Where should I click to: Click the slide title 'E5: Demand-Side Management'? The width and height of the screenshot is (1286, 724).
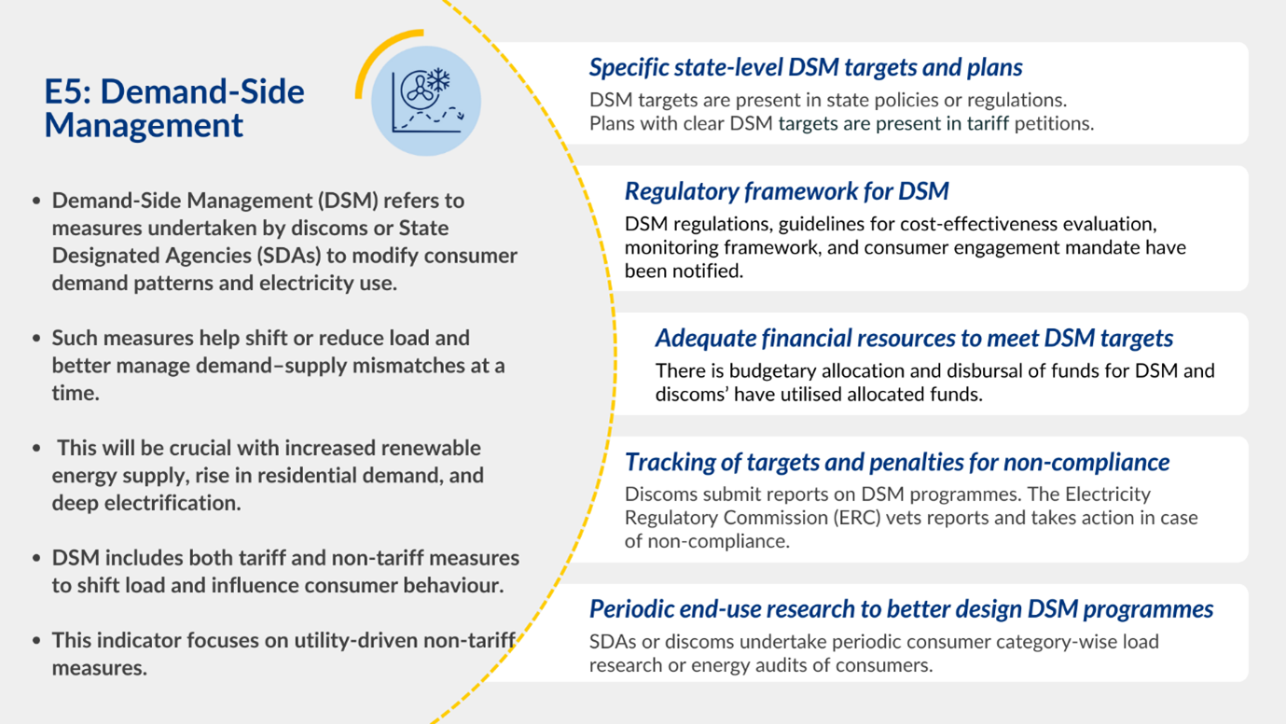174,107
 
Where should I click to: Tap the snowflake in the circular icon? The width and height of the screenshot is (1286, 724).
438,80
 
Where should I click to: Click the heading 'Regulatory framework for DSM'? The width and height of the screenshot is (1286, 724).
786,191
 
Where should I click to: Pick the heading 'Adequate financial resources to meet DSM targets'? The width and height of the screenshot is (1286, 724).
914,338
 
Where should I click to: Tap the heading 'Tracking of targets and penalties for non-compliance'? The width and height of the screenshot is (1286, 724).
896,462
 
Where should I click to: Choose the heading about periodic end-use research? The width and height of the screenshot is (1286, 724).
901,609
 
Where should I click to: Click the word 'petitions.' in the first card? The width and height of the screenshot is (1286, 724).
1054,123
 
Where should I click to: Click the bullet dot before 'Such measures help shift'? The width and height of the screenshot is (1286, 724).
36,339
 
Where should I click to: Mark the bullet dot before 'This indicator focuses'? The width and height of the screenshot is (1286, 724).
36,641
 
